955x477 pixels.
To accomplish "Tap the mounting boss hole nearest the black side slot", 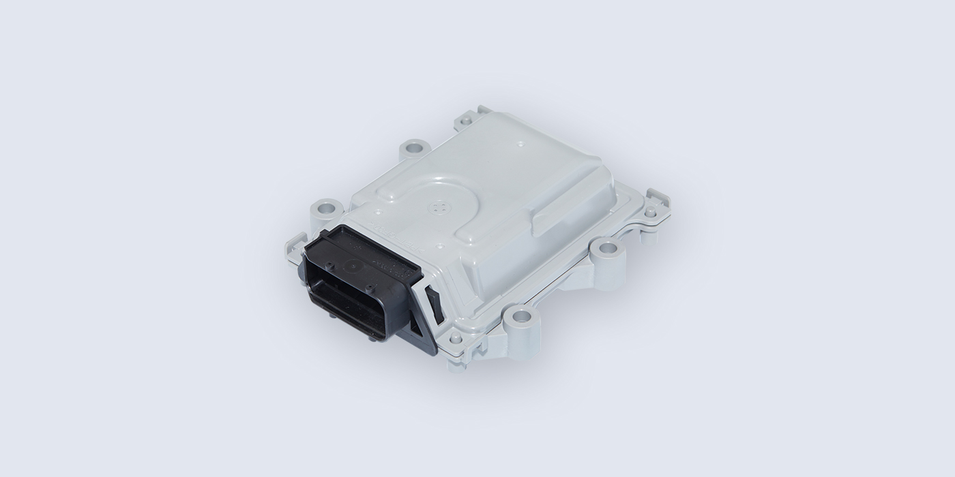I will (520, 316).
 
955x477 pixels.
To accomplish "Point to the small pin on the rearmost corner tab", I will (467, 121).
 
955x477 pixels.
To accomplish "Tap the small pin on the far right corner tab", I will (651, 212).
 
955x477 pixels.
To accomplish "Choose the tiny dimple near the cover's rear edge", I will (521, 144).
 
